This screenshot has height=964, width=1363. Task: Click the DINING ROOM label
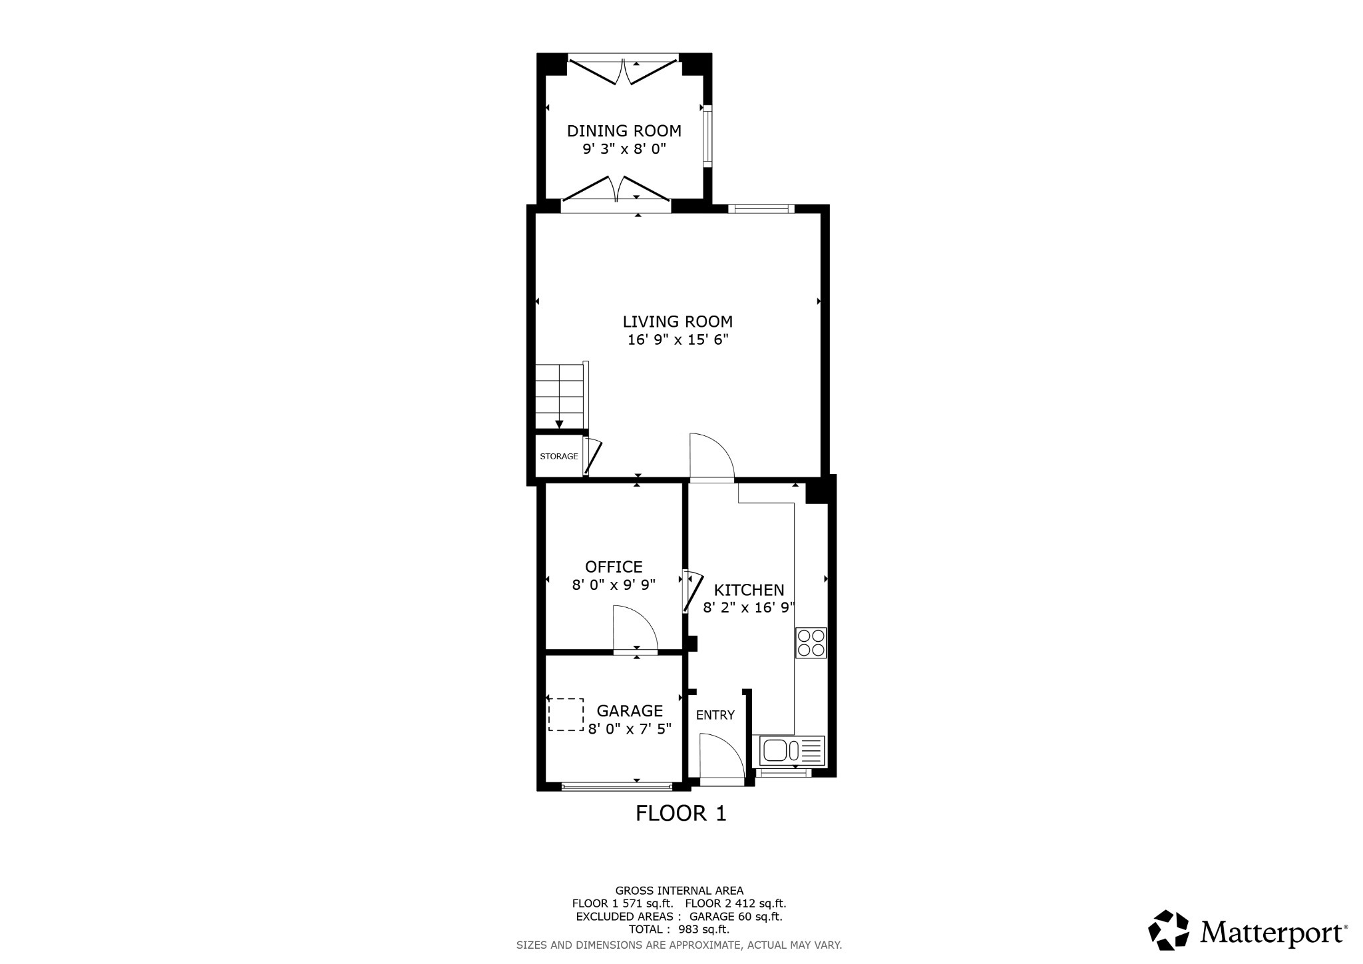coord(624,131)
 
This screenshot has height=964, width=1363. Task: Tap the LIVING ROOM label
coord(678,322)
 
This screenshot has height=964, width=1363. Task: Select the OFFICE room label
coord(614,567)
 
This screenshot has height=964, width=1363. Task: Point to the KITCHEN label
coord(749,591)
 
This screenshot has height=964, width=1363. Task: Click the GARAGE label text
coord(629,711)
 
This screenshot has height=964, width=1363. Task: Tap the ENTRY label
coord(715,716)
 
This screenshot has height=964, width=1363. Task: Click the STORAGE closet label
coord(558,457)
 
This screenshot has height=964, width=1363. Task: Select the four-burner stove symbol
coord(811,643)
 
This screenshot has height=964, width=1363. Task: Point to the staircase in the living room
coord(560,397)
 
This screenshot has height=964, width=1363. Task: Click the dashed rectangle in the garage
coord(566,715)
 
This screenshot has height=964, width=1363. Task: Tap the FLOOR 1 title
coord(681,814)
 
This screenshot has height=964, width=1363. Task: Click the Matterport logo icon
coord(1168,930)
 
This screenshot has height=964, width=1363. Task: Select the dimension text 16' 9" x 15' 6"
coord(678,340)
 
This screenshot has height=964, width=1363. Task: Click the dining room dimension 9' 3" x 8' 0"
coord(624,149)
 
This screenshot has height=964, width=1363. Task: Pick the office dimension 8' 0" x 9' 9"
coord(614,585)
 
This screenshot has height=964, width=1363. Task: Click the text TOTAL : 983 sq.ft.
coord(679,929)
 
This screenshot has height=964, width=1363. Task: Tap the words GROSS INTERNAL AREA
coord(679,891)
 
